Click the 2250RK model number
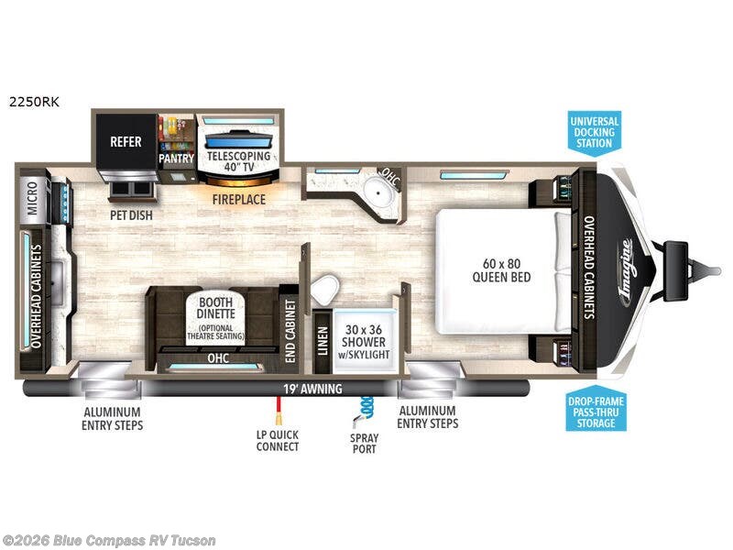[x=34, y=102]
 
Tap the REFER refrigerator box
[x=126, y=142]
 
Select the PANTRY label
[x=176, y=159]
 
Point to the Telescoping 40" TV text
[x=239, y=161]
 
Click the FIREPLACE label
[x=239, y=200]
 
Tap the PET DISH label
[x=131, y=215]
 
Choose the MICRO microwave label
[x=32, y=198]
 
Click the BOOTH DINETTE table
[x=215, y=319]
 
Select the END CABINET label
[x=290, y=331]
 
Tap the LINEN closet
[x=323, y=341]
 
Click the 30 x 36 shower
[x=364, y=341]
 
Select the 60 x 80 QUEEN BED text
[x=501, y=270]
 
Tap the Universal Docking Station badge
[x=594, y=133]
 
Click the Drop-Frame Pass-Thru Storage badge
[x=596, y=412]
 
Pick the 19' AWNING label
[x=312, y=389]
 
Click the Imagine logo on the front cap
[x=627, y=272]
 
